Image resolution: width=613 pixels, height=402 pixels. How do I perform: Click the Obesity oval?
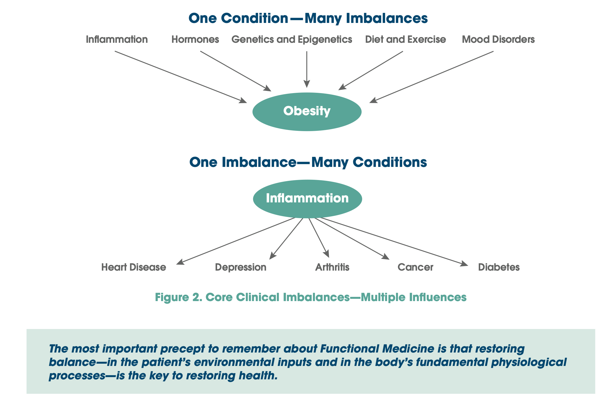[307, 112]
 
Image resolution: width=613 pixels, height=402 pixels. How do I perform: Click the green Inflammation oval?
[307, 198]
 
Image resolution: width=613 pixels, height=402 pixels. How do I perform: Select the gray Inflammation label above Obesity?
[117, 39]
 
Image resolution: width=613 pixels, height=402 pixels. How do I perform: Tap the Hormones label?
[195, 39]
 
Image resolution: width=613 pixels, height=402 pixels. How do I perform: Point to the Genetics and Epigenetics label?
[292, 39]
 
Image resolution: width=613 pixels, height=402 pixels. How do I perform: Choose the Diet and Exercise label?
[405, 39]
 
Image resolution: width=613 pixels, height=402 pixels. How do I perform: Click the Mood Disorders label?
[498, 39]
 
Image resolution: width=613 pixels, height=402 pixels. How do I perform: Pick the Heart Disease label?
[133, 267]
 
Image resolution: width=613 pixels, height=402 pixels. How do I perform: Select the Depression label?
[241, 267]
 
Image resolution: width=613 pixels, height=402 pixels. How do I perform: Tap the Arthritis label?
[332, 267]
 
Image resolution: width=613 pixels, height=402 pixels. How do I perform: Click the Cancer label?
[415, 267]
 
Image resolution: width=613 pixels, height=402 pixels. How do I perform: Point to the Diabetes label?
[499, 267]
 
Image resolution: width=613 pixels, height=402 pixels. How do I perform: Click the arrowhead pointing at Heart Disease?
[180, 262]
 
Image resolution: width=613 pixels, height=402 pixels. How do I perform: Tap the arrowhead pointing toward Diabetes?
[465, 264]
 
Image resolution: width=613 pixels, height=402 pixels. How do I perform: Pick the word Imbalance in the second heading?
[259, 162]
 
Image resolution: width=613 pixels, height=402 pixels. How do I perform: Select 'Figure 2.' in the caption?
[178, 297]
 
